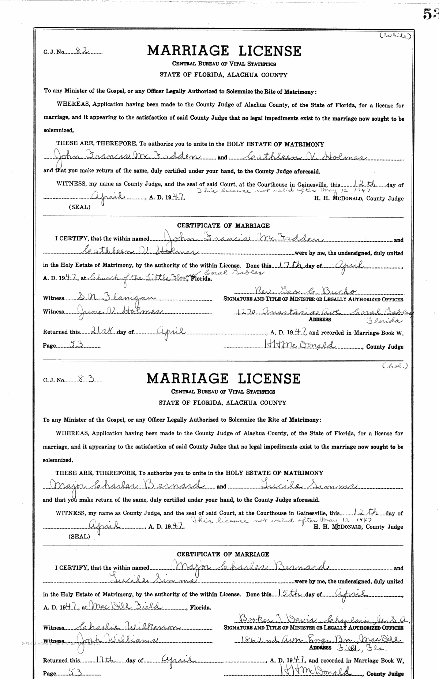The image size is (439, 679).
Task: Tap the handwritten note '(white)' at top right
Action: [x=395, y=35]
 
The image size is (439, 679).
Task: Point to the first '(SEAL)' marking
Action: [x=79, y=207]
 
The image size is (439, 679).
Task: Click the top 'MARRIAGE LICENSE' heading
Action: [x=224, y=50]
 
